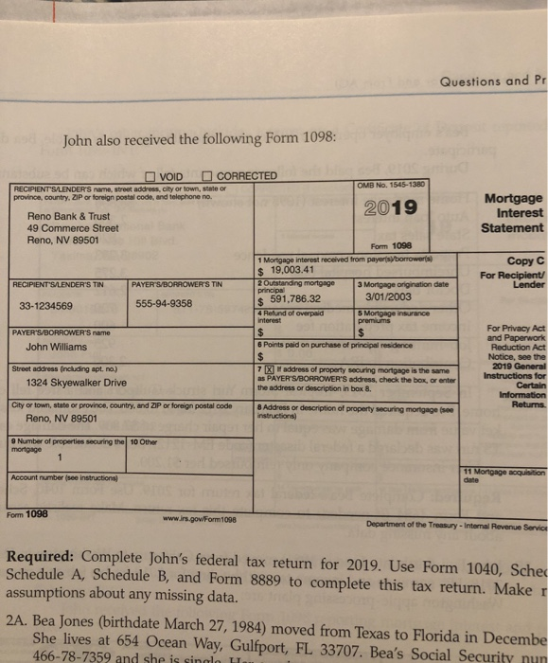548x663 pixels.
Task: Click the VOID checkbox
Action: point(150,175)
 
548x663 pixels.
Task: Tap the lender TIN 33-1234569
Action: point(57,305)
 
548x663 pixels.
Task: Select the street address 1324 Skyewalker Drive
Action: point(76,383)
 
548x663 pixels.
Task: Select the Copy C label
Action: point(519,260)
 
